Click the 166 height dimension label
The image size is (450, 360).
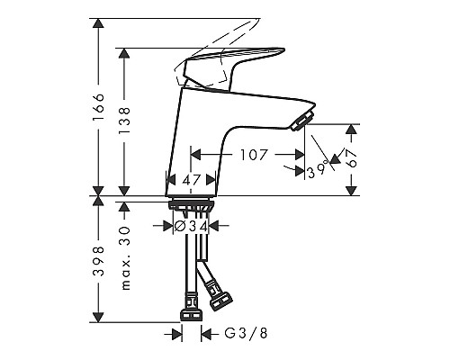pos(100,107)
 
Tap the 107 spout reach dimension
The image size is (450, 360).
pos(255,155)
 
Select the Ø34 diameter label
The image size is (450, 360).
pos(191,227)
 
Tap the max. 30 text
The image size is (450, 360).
pos(126,248)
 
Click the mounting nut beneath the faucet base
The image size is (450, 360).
pos(191,207)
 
